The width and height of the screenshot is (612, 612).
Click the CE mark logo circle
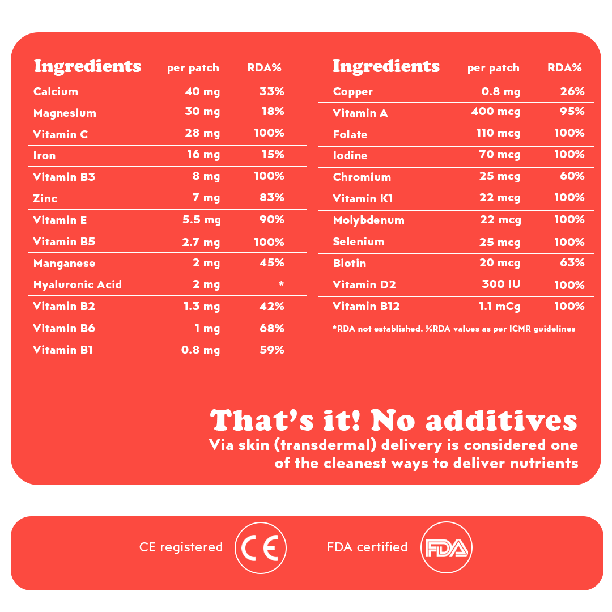261,548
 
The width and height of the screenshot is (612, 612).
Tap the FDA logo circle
447,547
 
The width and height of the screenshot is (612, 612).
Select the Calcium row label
56,91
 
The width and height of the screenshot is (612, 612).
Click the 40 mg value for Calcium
202,91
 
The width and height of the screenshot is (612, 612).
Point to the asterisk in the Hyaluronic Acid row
281,284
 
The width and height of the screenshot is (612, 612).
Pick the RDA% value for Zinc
272,198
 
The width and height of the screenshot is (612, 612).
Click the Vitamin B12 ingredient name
366,307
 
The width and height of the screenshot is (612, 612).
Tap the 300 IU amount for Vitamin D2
501,284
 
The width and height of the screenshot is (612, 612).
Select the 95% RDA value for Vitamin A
572,112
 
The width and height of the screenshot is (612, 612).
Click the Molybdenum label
368,220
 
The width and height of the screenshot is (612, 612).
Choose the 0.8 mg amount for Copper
500,91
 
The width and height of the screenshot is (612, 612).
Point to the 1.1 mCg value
499,307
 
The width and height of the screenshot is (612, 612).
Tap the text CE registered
181,547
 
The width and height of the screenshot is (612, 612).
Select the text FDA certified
367,547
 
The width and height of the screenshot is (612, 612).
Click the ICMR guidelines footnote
454,329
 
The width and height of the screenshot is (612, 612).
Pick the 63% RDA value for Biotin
572,262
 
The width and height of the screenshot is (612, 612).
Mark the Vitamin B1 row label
62,350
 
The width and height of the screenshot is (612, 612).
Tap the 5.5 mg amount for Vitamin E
201,220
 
